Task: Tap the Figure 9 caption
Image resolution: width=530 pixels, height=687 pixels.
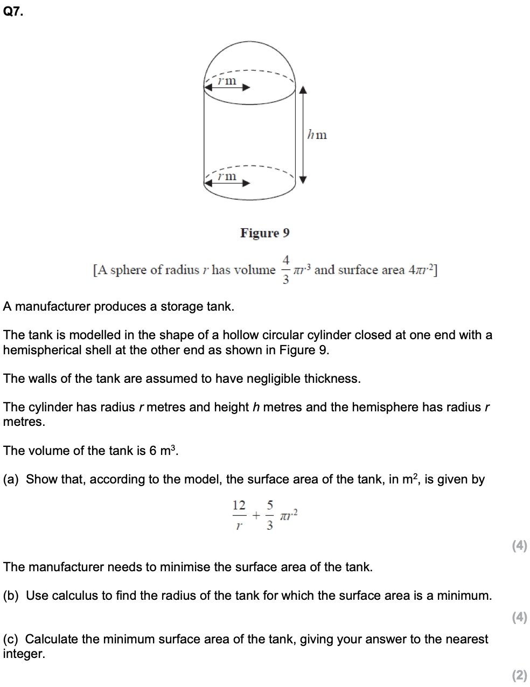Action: pyautogui.click(x=264, y=233)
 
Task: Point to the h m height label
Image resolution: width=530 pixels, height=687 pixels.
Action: pyautogui.click(x=317, y=135)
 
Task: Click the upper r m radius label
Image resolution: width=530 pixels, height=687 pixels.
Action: pyautogui.click(x=227, y=81)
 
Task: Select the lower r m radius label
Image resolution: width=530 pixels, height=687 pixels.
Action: pyautogui.click(x=227, y=176)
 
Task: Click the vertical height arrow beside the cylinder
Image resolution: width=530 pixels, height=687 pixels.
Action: pyautogui.click(x=303, y=135)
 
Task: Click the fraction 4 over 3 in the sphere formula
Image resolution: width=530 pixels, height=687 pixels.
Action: pyautogui.click(x=286, y=270)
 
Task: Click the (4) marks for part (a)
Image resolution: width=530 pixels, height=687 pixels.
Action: pyautogui.click(x=519, y=546)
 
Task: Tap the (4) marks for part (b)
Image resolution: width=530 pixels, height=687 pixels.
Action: pyautogui.click(x=519, y=618)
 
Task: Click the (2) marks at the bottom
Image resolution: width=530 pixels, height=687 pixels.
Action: pyautogui.click(x=519, y=675)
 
